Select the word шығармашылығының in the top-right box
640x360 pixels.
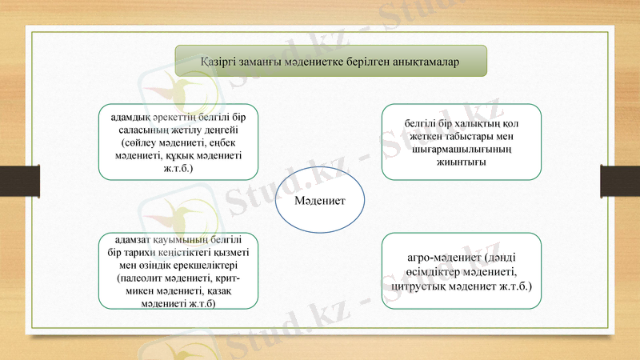point(462,149)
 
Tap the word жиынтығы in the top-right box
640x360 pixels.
point(462,162)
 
